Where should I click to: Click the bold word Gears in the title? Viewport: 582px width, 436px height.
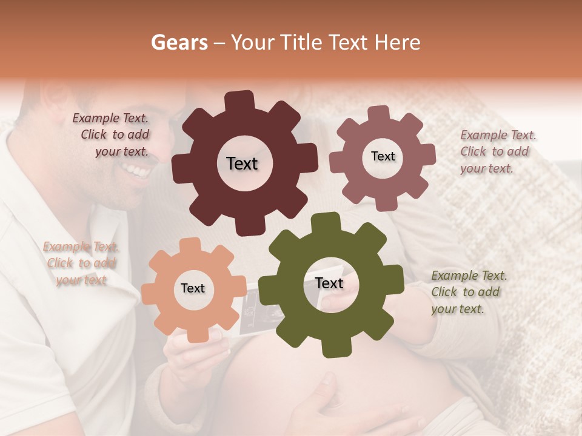tap(179, 42)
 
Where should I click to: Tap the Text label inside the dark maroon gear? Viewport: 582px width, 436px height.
tap(242, 163)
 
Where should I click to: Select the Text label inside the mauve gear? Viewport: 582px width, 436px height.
tap(383, 156)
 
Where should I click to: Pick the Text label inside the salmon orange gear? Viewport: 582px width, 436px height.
tap(193, 288)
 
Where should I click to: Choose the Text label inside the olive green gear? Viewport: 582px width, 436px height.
tap(329, 283)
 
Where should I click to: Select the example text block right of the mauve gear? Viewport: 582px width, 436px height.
tap(497, 151)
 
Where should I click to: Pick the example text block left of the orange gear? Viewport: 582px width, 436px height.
tap(81, 263)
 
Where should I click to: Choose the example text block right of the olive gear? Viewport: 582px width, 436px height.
tap(468, 292)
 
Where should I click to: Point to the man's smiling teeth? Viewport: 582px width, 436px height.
tap(139, 173)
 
